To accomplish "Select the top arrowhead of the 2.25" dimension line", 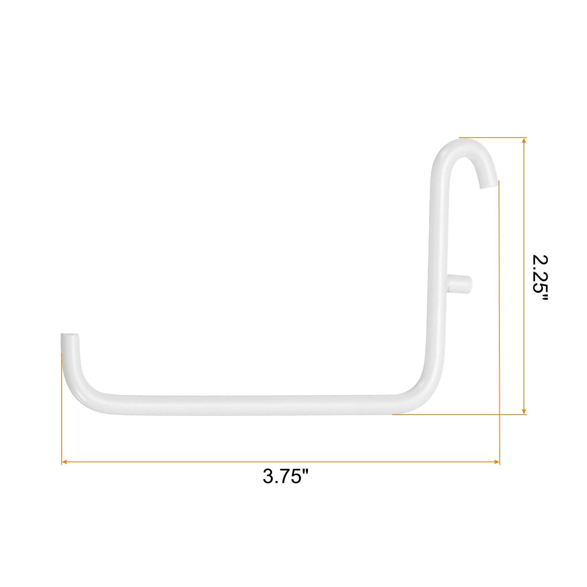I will (524, 141).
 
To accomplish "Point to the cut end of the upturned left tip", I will (69, 336).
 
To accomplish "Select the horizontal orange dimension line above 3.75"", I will (279, 462).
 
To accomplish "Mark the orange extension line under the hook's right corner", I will (459, 414).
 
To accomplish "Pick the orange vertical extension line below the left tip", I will (62, 407).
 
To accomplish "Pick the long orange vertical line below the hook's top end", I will (499, 312).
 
